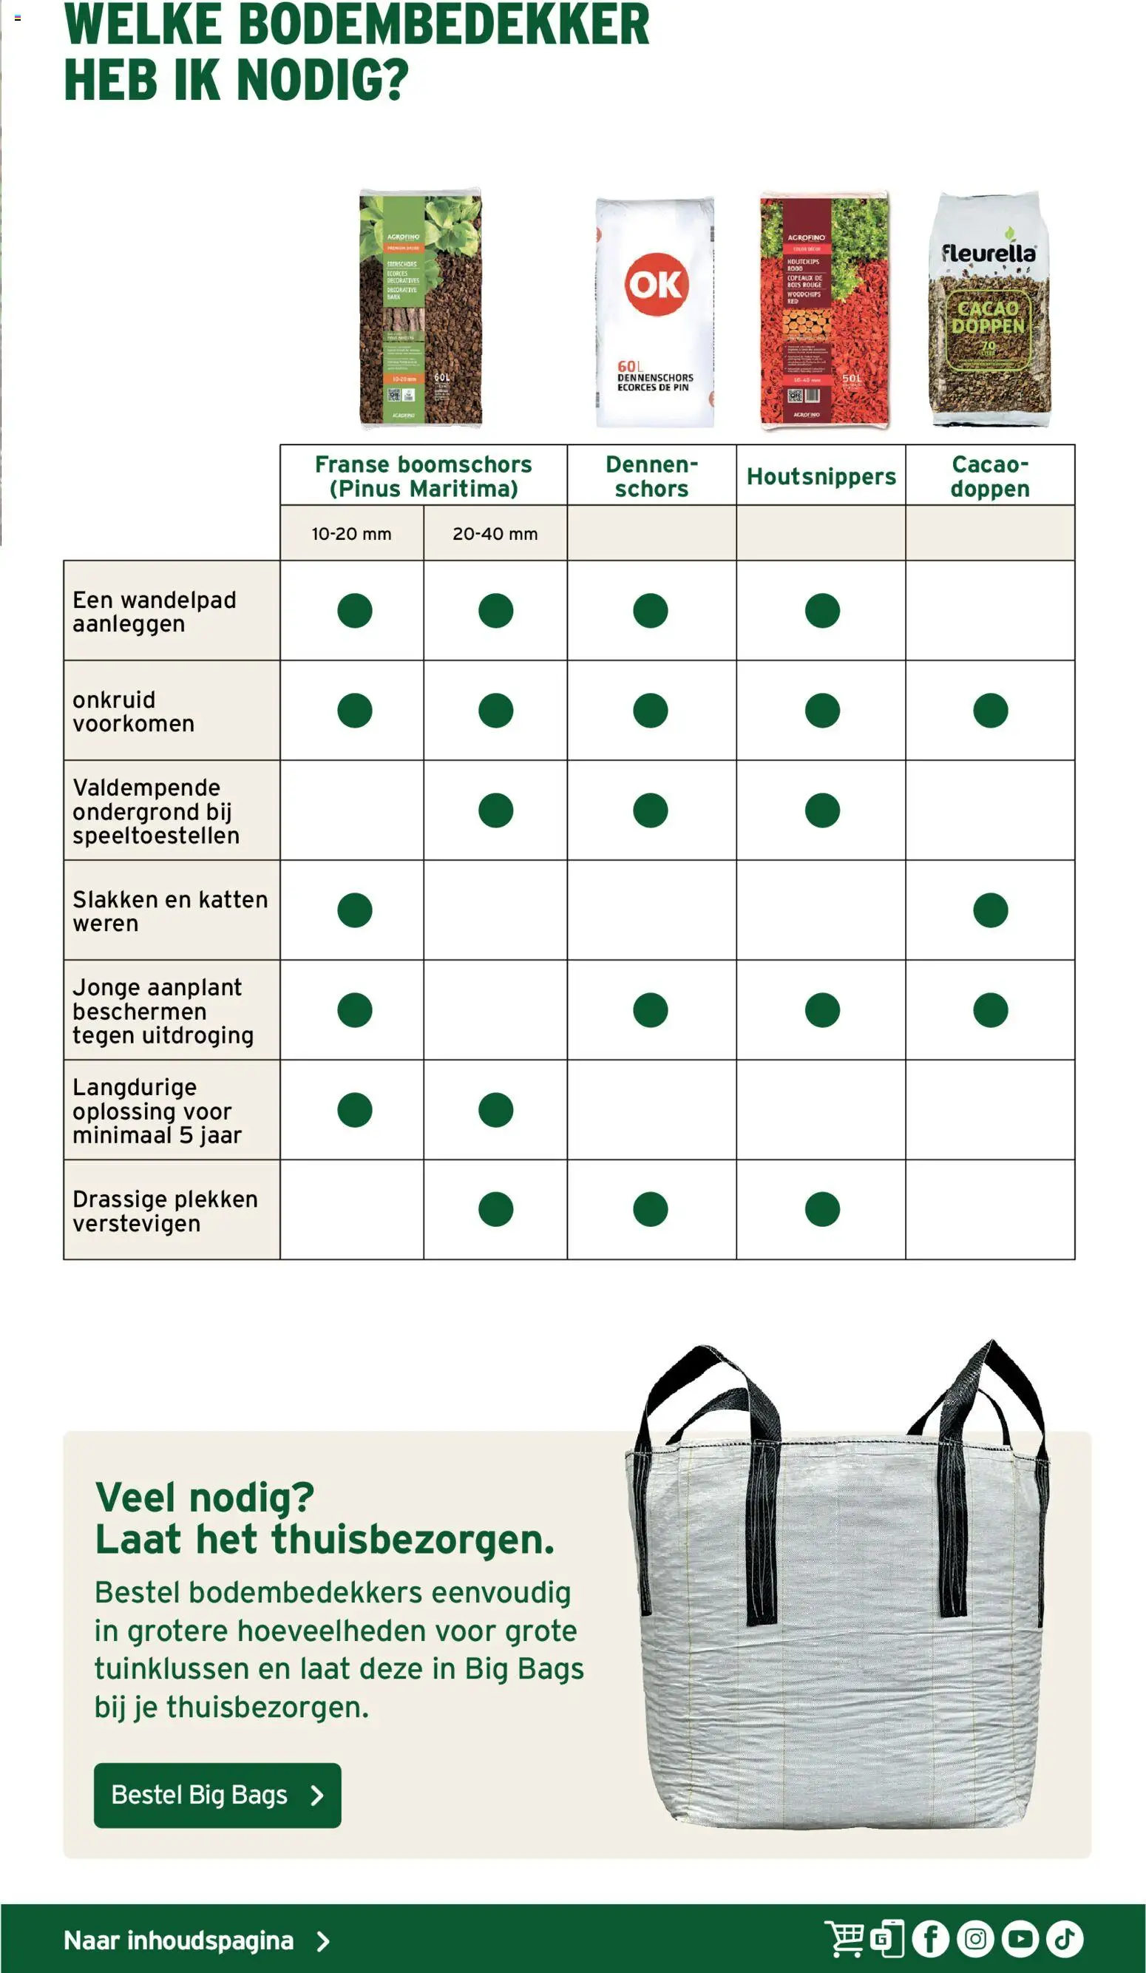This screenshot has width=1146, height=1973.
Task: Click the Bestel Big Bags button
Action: pos(217,1795)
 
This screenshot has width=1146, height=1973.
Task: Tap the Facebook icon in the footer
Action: pos(930,1938)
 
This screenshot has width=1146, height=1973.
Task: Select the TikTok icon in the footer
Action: pos(1065,1938)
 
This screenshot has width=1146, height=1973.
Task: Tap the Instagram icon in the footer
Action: pos(974,1938)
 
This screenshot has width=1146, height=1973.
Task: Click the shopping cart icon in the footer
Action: pos(844,1938)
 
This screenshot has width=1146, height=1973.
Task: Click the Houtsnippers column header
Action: pos(821,476)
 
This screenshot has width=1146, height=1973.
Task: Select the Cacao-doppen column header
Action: pos(989,476)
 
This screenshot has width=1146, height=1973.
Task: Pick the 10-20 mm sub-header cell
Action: pos(351,534)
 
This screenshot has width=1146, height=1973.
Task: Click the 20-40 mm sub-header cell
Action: pos(495,534)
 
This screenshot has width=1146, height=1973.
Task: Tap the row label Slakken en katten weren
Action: pos(171,910)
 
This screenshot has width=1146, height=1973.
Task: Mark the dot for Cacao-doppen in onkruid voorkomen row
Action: pos(990,710)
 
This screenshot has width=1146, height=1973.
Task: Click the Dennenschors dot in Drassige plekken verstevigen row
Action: pos(651,1209)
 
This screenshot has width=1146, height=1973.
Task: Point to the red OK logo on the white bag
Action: pos(656,284)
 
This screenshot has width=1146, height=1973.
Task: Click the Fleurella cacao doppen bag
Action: pos(989,309)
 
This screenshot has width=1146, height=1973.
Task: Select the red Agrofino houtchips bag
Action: pos(824,309)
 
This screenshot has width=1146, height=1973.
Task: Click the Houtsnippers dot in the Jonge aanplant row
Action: pos(822,1010)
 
